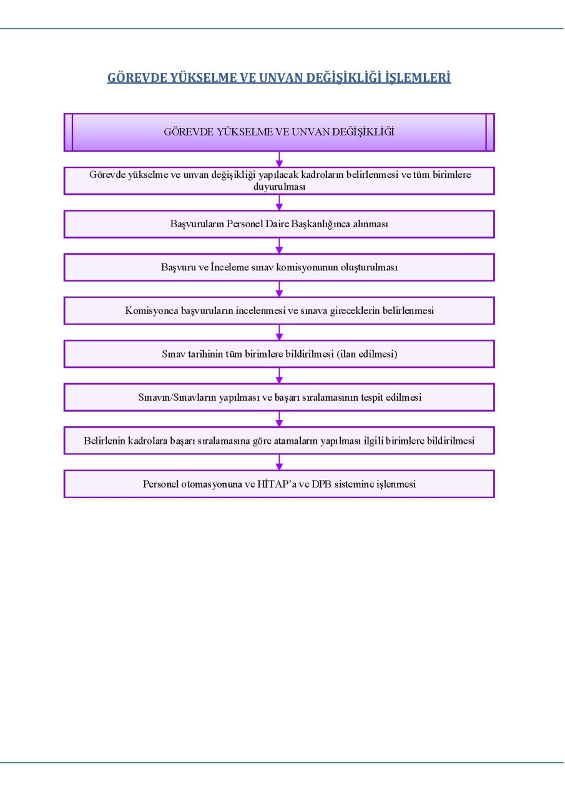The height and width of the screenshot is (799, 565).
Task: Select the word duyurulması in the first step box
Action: pyautogui.click(x=279, y=187)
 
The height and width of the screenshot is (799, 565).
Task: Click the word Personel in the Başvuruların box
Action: pyautogui.click(x=244, y=223)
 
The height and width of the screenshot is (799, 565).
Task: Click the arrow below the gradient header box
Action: pyautogui.click(x=279, y=159)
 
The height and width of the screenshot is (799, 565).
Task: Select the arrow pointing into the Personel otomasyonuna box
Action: pyautogui.click(x=279, y=463)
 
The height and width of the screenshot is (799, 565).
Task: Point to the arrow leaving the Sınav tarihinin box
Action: pyautogui.click(x=279, y=376)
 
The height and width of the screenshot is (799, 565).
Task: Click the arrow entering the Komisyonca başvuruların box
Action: pyautogui.click(x=279, y=289)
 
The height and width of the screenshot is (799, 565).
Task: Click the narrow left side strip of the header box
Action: pyautogui.click(x=69, y=132)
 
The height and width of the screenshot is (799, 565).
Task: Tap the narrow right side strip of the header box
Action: pyautogui.click(x=490, y=132)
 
